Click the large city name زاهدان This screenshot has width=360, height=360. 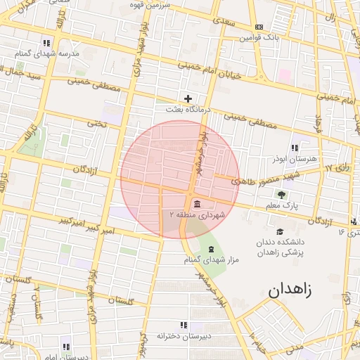(288, 288)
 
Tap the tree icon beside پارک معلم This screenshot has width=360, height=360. (282, 195)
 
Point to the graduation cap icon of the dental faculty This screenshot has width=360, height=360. (279, 231)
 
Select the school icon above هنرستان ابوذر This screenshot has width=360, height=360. (294, 148)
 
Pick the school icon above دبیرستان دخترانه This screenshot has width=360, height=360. (184, 325)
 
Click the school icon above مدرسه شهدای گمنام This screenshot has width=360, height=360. (46, 42)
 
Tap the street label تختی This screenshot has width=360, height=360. (95, 123)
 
